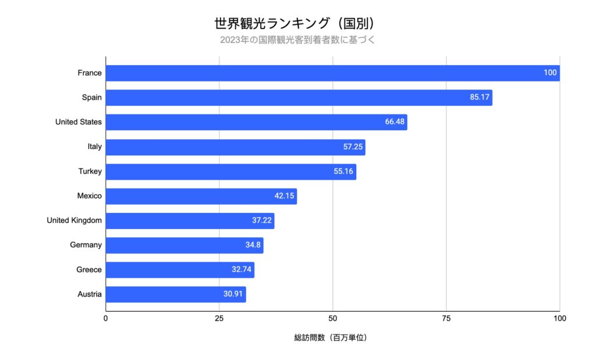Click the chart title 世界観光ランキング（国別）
pyautogui.click(x=297, y=23)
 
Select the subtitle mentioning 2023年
pyautogui.click(x=297, y=40)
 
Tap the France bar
pyautogui.click(x=332, y=73)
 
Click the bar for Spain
pyautogui.click(x=299, y=98)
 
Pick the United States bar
pyautogui.click(x=256, y=122)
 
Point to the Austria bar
pyautogui.click(x=176, y=294)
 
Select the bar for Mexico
pyautogui.click(x=201, y=196)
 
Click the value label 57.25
pyautogui.click(x=353, y=147)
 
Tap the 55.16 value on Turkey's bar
pyautogui.click(x=343, y=172)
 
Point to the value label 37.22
pyautogui.click(x=262, y=221)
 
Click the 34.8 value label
pyautogui.click(x=253, y=245)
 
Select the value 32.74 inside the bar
pyautogui.click(x=242, y=270)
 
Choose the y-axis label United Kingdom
pyautogui.click(x=74, y=220)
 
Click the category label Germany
pyautogui.click(x=86, y=245)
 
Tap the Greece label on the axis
pyautogui.click(x=89, y=270)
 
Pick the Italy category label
pyautogui.click(x=94, y=147)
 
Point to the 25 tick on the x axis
pyautogui.click(x=219, y=319)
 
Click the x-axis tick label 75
pyautogui.click(x=446, y=319)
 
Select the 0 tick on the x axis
pyautogui.click(x=105, y=319)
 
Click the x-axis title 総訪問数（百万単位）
pyautogui.click(x=332, y=338)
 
